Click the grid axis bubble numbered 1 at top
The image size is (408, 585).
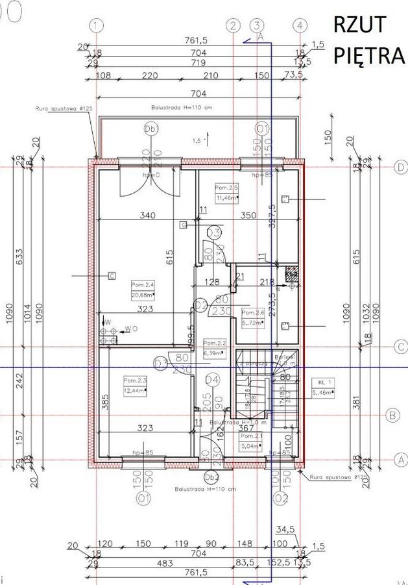point(97,25)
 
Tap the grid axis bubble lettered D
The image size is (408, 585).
point(400,167)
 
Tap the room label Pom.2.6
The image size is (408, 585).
point(251,310)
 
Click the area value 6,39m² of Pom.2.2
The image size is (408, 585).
point(213,353)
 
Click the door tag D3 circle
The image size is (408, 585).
point(160,362)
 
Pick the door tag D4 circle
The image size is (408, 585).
point(211,378)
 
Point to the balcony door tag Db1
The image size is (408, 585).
point(151,130)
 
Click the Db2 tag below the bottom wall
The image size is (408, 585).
point(211,477)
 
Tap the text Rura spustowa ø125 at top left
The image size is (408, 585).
point(60,109)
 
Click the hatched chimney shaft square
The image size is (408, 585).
point(292,274)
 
